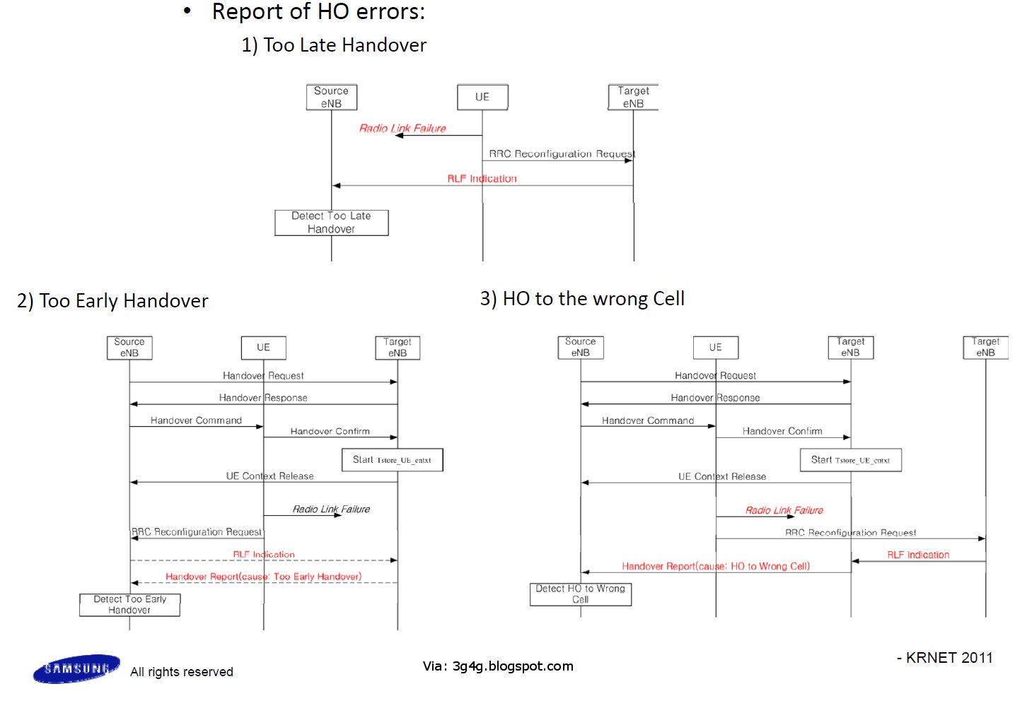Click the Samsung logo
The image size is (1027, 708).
click(x=76, y=668)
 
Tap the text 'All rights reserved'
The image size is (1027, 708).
click(x=182, y=671)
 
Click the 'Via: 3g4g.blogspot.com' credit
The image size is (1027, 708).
click(x=498, y=666)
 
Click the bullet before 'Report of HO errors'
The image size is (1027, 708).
click(x=187, y=11)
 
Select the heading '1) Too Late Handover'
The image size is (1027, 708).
click(x=334, y=45)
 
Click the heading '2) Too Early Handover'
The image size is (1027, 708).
click(x=112, y=301)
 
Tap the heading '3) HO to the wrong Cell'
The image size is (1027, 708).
click(x=582, y=299)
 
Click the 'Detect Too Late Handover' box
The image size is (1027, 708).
click(x=331, y=223)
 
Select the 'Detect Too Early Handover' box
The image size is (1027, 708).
click(x=129, y=605)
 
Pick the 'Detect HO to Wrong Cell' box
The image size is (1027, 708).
click(x=580, y=594)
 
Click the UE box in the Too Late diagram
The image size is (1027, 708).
click(x=482, y=97)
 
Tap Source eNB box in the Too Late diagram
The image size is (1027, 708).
click(x=331, y=97)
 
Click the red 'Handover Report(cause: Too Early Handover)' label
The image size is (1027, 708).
click(x=263, y=577)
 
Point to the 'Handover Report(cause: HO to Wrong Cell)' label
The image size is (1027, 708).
click(x=716, y=566)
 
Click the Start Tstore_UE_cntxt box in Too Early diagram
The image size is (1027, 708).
click(x=392, y=460)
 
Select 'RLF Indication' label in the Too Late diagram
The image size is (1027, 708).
click(x=482, y=179)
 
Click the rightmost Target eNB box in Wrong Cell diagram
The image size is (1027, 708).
click(x=985, y=347)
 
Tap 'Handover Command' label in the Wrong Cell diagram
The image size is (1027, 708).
click(x=648, y=420)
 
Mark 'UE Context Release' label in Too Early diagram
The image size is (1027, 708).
click(x=269, y=476)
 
